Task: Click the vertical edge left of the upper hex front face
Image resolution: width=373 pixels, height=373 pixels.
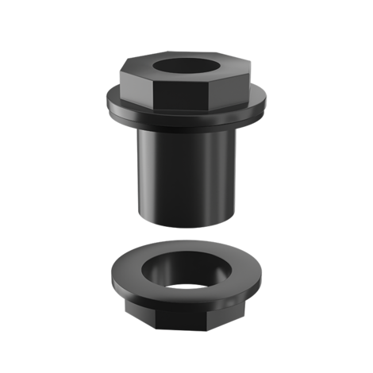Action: [x=153, y=95]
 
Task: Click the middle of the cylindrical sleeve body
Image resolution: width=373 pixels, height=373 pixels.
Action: [x=186, y=175]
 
